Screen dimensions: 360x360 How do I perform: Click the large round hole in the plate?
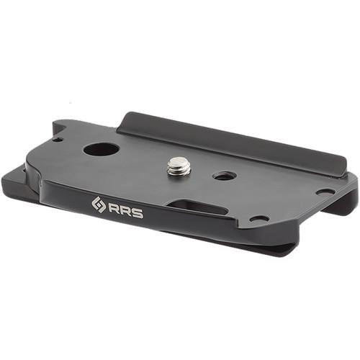[102, 150]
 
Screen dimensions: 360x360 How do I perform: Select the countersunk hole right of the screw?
[225, 176]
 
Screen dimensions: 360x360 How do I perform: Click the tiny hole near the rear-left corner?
[57, 139]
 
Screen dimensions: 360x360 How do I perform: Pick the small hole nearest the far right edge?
[325, 192]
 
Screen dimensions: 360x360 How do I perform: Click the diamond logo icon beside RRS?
[99, 205]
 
